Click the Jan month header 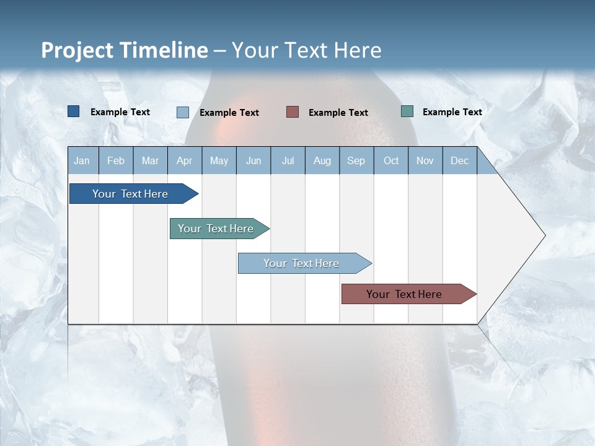(x=82, y=161)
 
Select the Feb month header (x=116, y=161)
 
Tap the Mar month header (x=150, y=161)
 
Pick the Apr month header (x=185, y=161)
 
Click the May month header (x=219, y=161)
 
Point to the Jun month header (x=253, y=161)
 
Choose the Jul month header (x=288, y=161)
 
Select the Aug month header (x=322, y=161)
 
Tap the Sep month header (x=356, y=161)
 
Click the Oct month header (x=391, y=161)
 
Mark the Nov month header (x=425, y=161)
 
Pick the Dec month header (x=460, y=161)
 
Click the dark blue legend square (x=74, y=111)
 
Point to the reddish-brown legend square (x=293, y=111)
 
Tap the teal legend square (x=407, y=111)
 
